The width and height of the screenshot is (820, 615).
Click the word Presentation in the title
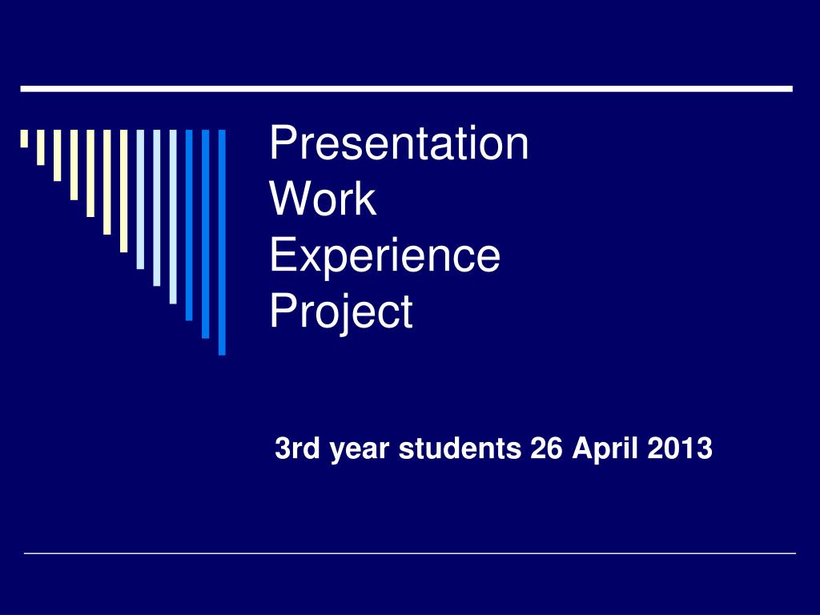pyautogui.click(x=399, y=144)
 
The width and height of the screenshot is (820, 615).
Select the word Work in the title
pyautogui.click(x=323, y=199)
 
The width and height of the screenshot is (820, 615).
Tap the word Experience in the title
pyautogui.click(x=384, y=256)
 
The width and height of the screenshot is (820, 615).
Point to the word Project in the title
pyautogui.click(x=340, y=312)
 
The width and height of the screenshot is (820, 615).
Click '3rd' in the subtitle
pyautogui.click(x=293, y=449)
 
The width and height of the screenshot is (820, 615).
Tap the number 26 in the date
pyautogui.click(x=546, y=449)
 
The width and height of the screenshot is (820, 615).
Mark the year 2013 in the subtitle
pyautogui.click(x=681, y=449)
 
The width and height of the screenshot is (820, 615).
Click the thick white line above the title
pyautogui.click(x=406, y=88)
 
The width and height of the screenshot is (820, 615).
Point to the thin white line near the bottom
pyautogui.click(x=410, y=553)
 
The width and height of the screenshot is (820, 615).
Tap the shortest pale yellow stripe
pyautogui.click(x=24, y=139)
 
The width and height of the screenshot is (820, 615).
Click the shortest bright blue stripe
pyautogui.click(x=189, y=224)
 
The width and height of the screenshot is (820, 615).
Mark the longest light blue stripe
pyautogui.click(x=173, y=216)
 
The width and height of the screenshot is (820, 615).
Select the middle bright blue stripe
pyautogui.click(x=206, y=233)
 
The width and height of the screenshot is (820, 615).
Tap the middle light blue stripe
pyautogui.click(x=157, y=207)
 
